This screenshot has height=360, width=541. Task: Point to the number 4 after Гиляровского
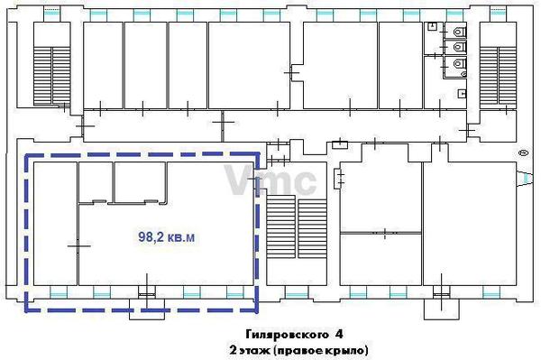(x=338, y=333)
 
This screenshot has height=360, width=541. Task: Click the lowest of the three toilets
(x=459, y=64)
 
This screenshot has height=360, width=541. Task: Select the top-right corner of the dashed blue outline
(x=257, y=155)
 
